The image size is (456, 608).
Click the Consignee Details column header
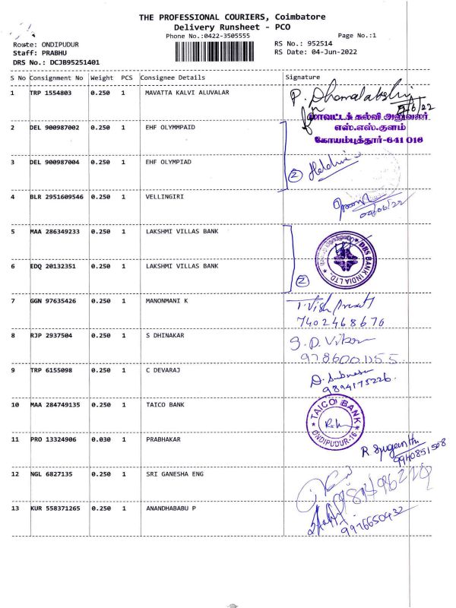click(173, 78)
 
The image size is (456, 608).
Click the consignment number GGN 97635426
click(55, 301)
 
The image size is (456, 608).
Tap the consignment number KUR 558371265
click(57, 508)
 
